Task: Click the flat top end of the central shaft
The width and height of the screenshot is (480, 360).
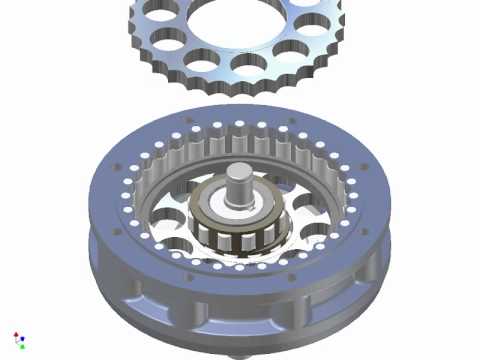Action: click(x=240, y=172)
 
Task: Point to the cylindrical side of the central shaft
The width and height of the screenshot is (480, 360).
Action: click(x=240, y=188)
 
